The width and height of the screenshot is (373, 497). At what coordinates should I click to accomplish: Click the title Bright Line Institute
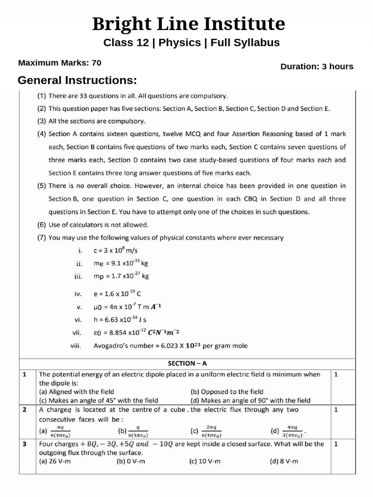189,23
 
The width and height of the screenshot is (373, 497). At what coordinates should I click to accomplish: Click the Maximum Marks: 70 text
60,63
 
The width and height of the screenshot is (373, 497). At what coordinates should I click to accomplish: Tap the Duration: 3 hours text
317,66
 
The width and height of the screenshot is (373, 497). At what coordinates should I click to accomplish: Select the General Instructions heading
77,80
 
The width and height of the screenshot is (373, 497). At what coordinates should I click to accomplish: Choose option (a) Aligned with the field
76,392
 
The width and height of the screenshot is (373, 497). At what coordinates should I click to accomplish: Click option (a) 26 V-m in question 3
54,461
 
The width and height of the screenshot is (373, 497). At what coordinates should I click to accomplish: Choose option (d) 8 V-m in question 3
285,461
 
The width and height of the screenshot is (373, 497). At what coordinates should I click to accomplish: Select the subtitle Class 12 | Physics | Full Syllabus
191,43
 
